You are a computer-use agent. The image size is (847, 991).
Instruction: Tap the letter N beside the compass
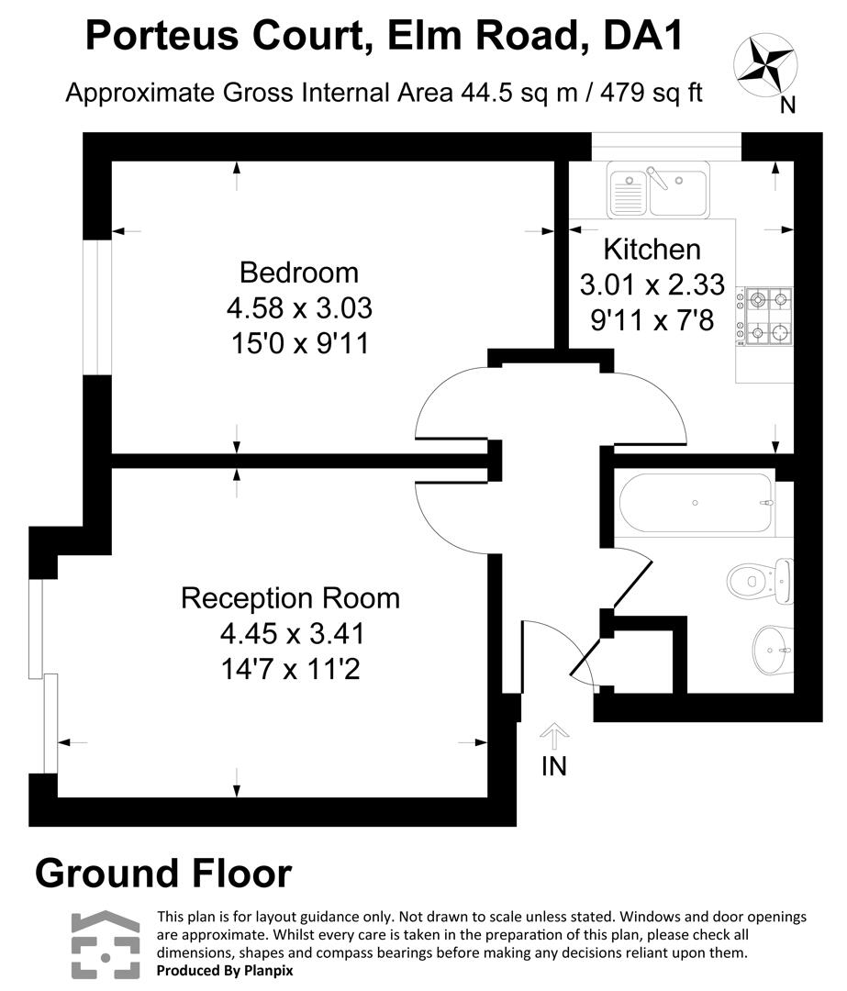coord(786,106)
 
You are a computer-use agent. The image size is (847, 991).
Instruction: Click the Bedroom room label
coord(298,273)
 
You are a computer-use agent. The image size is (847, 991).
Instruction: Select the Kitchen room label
coord(652,249)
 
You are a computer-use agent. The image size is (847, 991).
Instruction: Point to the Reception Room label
coord(290,598)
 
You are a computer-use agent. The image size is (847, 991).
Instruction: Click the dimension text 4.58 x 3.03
coord(298,307)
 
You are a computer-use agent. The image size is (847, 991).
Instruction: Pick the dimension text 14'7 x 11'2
coord(290,670)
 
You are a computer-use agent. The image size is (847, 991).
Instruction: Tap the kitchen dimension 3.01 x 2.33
coord(652,284)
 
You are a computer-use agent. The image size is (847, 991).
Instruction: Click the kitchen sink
coord(657,190)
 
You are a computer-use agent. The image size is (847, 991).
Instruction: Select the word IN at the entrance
coord(553,767)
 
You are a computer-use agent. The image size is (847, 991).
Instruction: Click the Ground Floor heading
coord(163,874)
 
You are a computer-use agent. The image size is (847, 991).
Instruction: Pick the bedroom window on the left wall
coord(97,307)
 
